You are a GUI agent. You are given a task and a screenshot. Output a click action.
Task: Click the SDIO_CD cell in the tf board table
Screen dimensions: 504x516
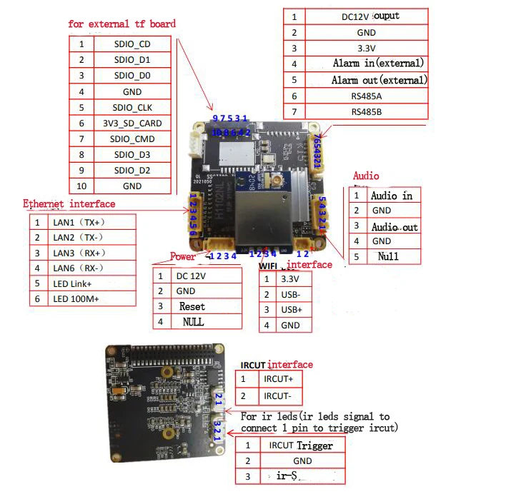(132, 44)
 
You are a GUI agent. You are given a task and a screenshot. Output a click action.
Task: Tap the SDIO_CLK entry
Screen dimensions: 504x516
(132, 107)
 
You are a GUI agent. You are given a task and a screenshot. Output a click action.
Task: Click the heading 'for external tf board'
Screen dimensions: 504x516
(121, 24)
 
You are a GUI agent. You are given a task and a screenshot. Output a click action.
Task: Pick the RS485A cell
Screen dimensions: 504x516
(367, 96)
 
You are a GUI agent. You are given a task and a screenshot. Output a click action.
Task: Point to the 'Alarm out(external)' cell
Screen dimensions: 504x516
(379, 80)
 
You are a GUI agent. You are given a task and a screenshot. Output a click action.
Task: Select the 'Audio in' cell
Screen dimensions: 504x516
(391, 196)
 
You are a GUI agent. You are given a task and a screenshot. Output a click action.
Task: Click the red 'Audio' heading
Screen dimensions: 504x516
(366, 176)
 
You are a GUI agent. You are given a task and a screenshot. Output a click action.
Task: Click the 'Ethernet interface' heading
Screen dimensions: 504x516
(69, 204)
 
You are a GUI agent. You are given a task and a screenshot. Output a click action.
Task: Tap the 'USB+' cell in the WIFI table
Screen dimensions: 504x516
(291, 310)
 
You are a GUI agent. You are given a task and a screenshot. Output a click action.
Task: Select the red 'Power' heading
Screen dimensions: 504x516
(182, 257)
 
